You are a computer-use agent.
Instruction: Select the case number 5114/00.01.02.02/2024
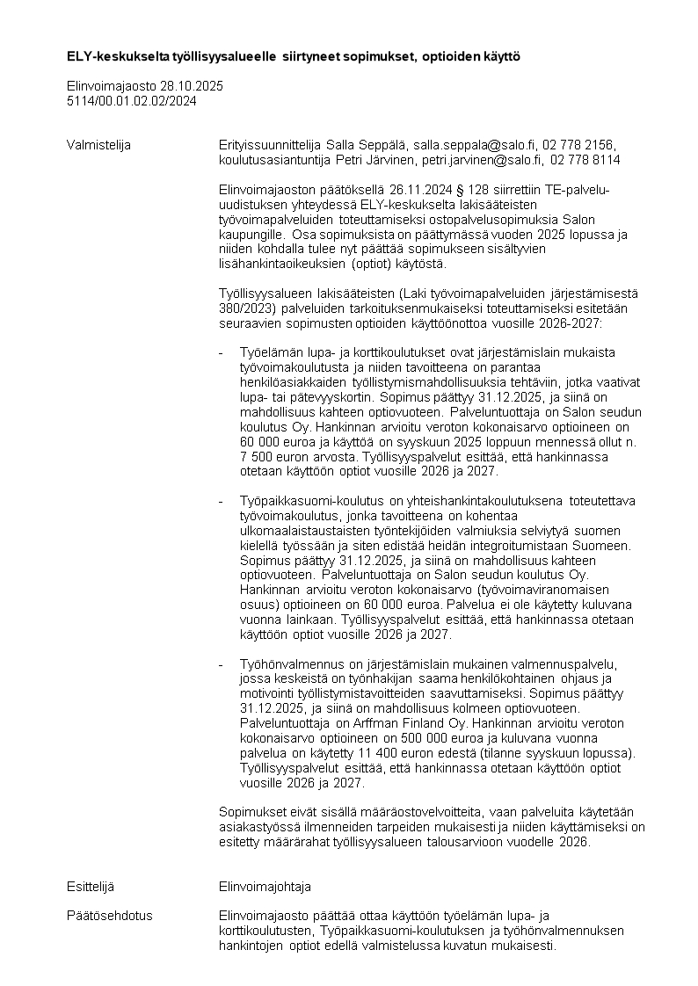pos(132,101)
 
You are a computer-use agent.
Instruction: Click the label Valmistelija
pos(98,145)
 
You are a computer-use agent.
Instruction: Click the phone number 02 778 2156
pos(579,145)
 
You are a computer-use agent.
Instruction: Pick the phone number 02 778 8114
pos(585,160)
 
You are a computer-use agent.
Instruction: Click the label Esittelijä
pos(91,887)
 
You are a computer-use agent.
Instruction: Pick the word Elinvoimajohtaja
pos(265,887)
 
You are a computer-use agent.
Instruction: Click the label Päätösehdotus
pos(109,916)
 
